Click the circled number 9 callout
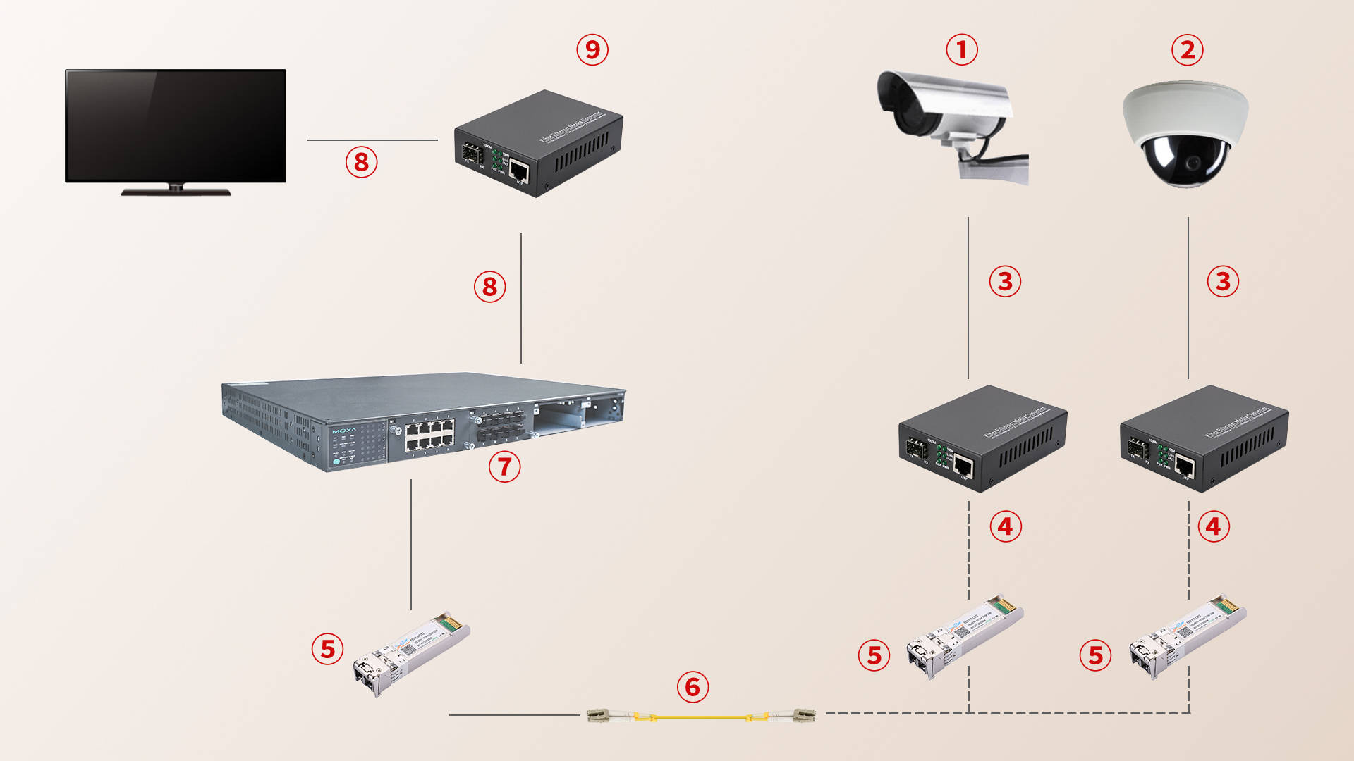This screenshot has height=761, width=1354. (x=592, y=50)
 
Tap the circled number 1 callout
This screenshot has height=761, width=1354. (x=961, y=50)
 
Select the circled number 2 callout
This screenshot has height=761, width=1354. (x=1188, y=50)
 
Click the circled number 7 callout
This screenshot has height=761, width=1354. (x=504, y=466)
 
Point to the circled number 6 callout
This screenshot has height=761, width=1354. (x=693, y=687)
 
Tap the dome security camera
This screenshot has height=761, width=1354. (x=1185, y=134)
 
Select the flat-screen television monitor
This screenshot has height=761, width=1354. (x=175, y=127)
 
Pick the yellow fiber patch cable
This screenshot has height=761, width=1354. (x=701, y=717)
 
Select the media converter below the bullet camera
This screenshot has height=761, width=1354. (x=982, y=438)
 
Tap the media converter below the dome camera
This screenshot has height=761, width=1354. (x=1204, y=438)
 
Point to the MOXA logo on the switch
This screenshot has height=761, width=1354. (x=344, y=430)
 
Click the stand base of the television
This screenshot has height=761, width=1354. (x=176, y=192)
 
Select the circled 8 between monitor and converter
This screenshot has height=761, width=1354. (x=361, y=162)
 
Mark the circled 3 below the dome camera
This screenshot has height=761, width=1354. (x=1223, y=281)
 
